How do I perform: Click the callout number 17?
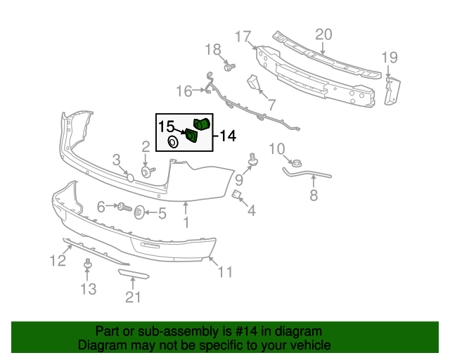click(243, 36)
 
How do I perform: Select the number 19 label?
click(389, 58)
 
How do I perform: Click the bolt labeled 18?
click(229, 67)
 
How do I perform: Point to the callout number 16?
click(184, 91)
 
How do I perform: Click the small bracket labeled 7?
click(253, 84)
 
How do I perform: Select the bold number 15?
click(166, 127)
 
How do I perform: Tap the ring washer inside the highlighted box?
click(172, 143)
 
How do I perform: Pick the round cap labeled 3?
click(130, 176)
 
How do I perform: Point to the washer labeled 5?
click(139, 212)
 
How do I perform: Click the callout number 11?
click(224, 271)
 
